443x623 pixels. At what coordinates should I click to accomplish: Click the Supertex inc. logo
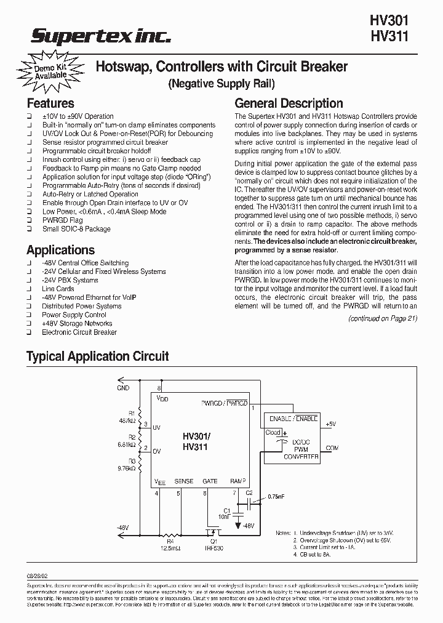coord(101,38)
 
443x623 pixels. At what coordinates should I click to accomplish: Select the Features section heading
coord(50,103)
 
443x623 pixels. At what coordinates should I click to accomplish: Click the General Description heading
coord(289,103)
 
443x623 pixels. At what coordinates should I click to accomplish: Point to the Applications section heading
coord(60,250)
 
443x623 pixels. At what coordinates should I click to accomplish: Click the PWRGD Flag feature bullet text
coord(62,220)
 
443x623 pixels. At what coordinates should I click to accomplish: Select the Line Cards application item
coord(58,289)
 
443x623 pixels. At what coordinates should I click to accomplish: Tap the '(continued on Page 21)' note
coord(383,318)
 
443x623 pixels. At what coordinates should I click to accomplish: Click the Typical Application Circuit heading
coord(97,356)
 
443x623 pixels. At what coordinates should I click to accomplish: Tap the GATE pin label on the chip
coord(210,481)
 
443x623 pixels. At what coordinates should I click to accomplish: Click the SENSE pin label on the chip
coord(184,481)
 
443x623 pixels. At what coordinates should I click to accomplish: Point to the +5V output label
coord(330,425)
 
